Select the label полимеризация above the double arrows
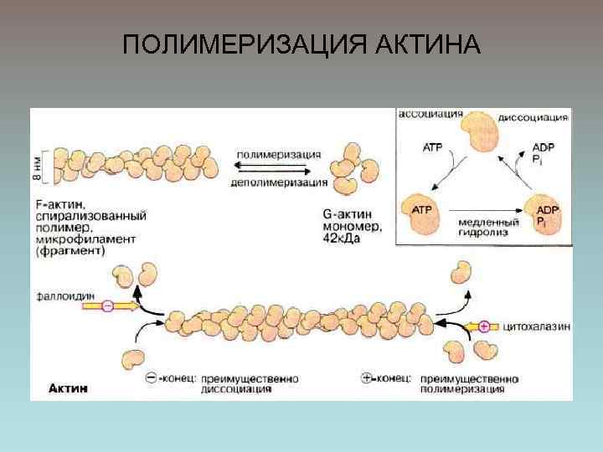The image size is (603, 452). (x=279, y=154)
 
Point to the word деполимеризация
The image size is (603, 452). (x=279, y=182)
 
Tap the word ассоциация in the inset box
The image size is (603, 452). (x=431, y=113)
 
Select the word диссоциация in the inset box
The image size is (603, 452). (x=533, y=118)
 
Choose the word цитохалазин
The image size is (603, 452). (x=537, y=325)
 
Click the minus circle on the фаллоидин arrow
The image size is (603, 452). (x=107, y=307)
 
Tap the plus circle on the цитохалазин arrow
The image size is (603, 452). (x=483, y=326)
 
